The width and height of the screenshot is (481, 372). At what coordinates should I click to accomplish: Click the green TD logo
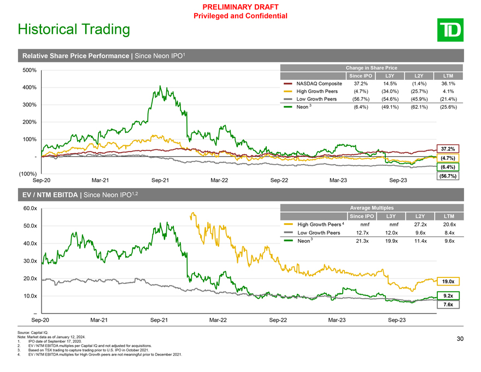(450, 30)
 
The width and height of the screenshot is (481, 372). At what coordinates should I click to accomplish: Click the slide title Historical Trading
(74, 30)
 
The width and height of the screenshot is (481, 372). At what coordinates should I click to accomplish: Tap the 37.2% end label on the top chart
(448, 149)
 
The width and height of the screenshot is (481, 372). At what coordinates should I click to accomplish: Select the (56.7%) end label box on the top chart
(448, 176)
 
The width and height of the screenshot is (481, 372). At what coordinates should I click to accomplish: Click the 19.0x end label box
(448, 281)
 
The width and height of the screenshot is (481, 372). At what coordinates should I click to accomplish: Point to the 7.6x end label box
(448, 305)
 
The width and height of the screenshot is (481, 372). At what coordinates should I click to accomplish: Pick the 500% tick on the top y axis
(30, 70)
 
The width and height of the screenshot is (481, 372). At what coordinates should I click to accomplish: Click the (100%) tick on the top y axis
(28, 174)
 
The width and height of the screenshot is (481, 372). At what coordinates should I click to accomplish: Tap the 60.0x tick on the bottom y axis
(30, 208)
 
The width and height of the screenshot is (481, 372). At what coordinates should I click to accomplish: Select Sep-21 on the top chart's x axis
(160, 181)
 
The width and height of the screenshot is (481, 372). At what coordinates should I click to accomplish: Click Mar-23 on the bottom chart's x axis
(337, 320)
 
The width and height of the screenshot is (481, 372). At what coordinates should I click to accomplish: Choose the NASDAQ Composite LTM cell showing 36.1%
(448, 84)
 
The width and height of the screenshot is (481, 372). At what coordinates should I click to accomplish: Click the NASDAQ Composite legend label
(319, 84)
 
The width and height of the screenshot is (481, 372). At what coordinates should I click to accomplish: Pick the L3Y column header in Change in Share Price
(390, 76)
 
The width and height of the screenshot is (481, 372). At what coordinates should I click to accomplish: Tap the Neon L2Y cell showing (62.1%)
(419, 107)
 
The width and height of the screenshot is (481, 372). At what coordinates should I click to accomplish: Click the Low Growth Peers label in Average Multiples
(319, 233)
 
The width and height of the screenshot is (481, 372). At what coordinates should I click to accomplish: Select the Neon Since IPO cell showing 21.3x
(362, 241)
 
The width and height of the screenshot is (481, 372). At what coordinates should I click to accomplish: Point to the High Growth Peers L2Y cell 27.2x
(420, 224)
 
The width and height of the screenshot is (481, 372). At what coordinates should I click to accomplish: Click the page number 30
(460, 339)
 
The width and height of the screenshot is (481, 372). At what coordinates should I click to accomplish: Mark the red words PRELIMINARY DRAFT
(241, 7)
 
